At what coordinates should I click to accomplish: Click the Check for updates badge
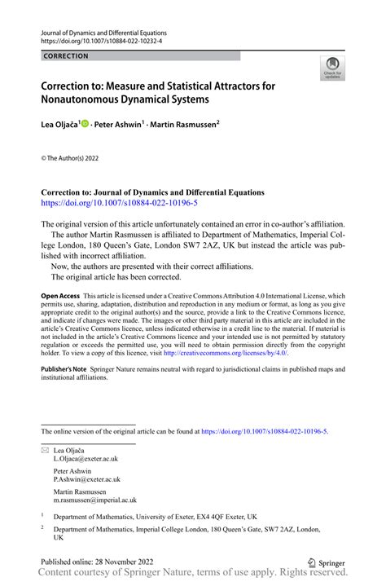coord(331,68)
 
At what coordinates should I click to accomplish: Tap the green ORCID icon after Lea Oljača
coord(86,125)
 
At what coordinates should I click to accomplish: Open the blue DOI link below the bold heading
coord(107,203)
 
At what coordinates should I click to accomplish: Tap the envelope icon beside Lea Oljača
coord(46,449)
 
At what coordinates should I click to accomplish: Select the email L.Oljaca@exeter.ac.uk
coord(86,459)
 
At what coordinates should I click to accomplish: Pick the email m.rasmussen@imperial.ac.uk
coord(95,500)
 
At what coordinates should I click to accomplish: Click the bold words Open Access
coord(60,297)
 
